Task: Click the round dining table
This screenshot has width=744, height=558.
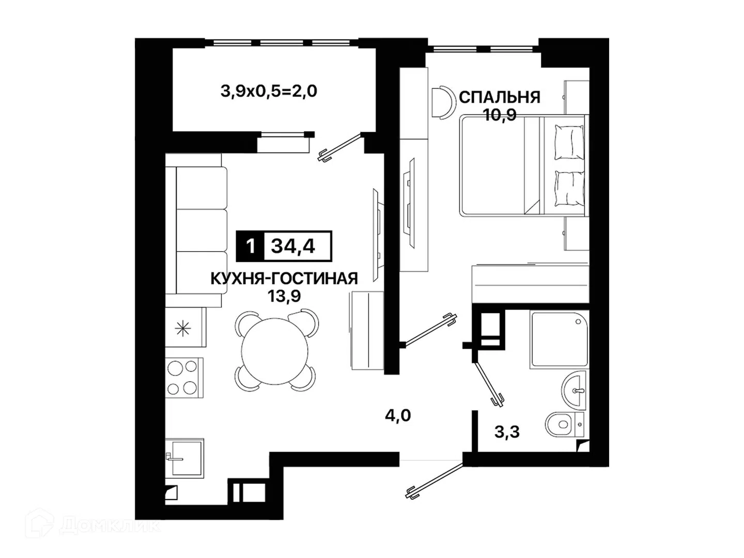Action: point(275,351)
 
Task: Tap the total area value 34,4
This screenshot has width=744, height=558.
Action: point(293,246)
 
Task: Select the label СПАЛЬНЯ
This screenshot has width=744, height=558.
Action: point(500,97)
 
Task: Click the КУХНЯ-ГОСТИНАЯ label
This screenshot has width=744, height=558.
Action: point(284,278)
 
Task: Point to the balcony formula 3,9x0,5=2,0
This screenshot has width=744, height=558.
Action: point(269,91)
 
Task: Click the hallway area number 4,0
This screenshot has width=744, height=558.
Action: point(398,415)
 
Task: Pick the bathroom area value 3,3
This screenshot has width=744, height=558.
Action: point(507,432)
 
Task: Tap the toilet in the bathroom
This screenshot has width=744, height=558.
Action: point(565,424)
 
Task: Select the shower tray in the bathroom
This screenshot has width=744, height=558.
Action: point(559,339)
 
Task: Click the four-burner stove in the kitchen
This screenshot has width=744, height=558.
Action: point(184,377)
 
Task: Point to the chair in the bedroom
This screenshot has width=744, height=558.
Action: point(443,102)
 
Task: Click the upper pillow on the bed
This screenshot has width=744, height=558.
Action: point(570,142)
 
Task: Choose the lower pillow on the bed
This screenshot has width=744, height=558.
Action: point(570,189)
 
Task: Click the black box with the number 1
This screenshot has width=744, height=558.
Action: point(250,246)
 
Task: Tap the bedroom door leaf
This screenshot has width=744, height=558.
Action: point(430,330)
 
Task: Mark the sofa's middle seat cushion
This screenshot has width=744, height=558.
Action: point(202,230)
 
